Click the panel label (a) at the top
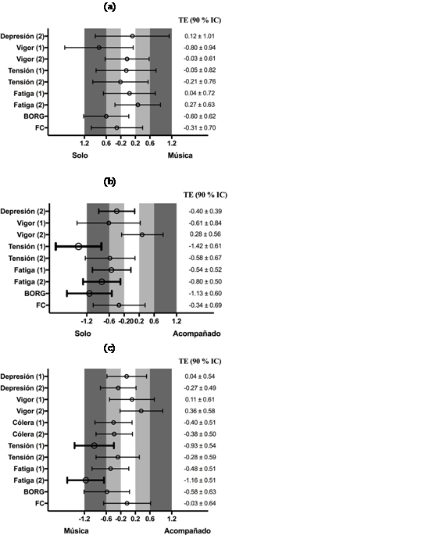pyautogui.click(x=110, y=6)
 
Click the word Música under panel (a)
pyautogui.click(x=177, y=155)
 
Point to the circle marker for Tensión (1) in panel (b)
pyautogui.click(x=78, y=246)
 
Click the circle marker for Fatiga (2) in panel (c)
pyautogui.click(x=86, y=480)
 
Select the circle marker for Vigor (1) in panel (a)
pyautogui.click(x=99, y=48)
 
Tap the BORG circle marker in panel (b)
pyautogui.click(x=89, y=293)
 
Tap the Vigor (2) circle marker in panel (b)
pyautogui.click(x=142, y=234)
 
